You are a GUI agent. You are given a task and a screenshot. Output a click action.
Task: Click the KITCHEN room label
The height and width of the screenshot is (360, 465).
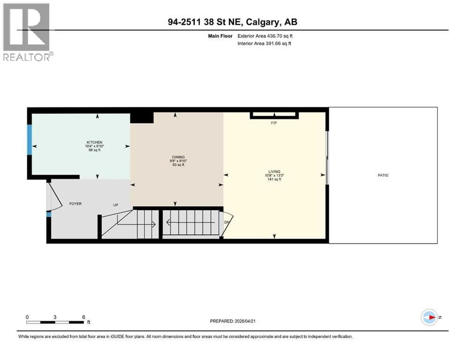(x=94, y=142)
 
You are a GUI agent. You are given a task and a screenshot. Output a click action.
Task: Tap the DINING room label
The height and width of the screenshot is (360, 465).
(x=178, y=157)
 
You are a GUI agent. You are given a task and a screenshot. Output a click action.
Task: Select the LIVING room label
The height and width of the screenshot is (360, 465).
(x=274, y=172)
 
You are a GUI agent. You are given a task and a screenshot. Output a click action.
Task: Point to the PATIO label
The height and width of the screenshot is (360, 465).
(x=383, y=175)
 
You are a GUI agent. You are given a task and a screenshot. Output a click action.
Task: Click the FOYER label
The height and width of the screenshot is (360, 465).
(x=75, y=203)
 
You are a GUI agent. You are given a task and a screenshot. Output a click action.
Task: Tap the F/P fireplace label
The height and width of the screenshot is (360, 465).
(x=274, y=123)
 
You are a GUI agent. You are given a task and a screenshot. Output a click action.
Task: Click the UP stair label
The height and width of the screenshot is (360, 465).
(x=116, y=205)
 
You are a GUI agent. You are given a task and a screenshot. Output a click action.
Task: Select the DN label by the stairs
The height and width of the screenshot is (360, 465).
(x=227, y=222)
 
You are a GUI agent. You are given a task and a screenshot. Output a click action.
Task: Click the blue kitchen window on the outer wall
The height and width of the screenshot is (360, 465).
(x=30, y=140)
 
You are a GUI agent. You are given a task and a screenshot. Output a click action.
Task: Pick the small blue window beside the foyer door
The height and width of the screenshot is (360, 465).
(x=49, y=214)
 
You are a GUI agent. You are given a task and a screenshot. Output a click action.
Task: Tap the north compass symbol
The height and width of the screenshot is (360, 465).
(x=430, y=317)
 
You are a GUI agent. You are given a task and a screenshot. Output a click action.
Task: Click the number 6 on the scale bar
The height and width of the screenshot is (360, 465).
(x=84, y=317)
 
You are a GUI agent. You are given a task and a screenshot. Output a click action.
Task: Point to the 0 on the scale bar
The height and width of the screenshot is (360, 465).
(x=27, y=317)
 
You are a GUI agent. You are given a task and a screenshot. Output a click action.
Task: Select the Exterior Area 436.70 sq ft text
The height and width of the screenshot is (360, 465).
(x=265, y=36)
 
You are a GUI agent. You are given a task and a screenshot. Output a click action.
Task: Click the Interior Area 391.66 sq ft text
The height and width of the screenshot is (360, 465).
(x=264, y=43)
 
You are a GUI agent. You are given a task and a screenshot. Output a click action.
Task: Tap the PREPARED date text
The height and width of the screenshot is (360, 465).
(x=232, y=321)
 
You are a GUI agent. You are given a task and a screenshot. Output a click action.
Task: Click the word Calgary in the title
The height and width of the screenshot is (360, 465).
(x=262, y=22)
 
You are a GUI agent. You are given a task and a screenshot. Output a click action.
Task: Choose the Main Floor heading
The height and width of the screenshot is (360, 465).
(x=220, y=36)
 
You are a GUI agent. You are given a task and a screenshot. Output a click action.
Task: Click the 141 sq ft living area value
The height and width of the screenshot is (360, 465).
(x=274, y=179)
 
